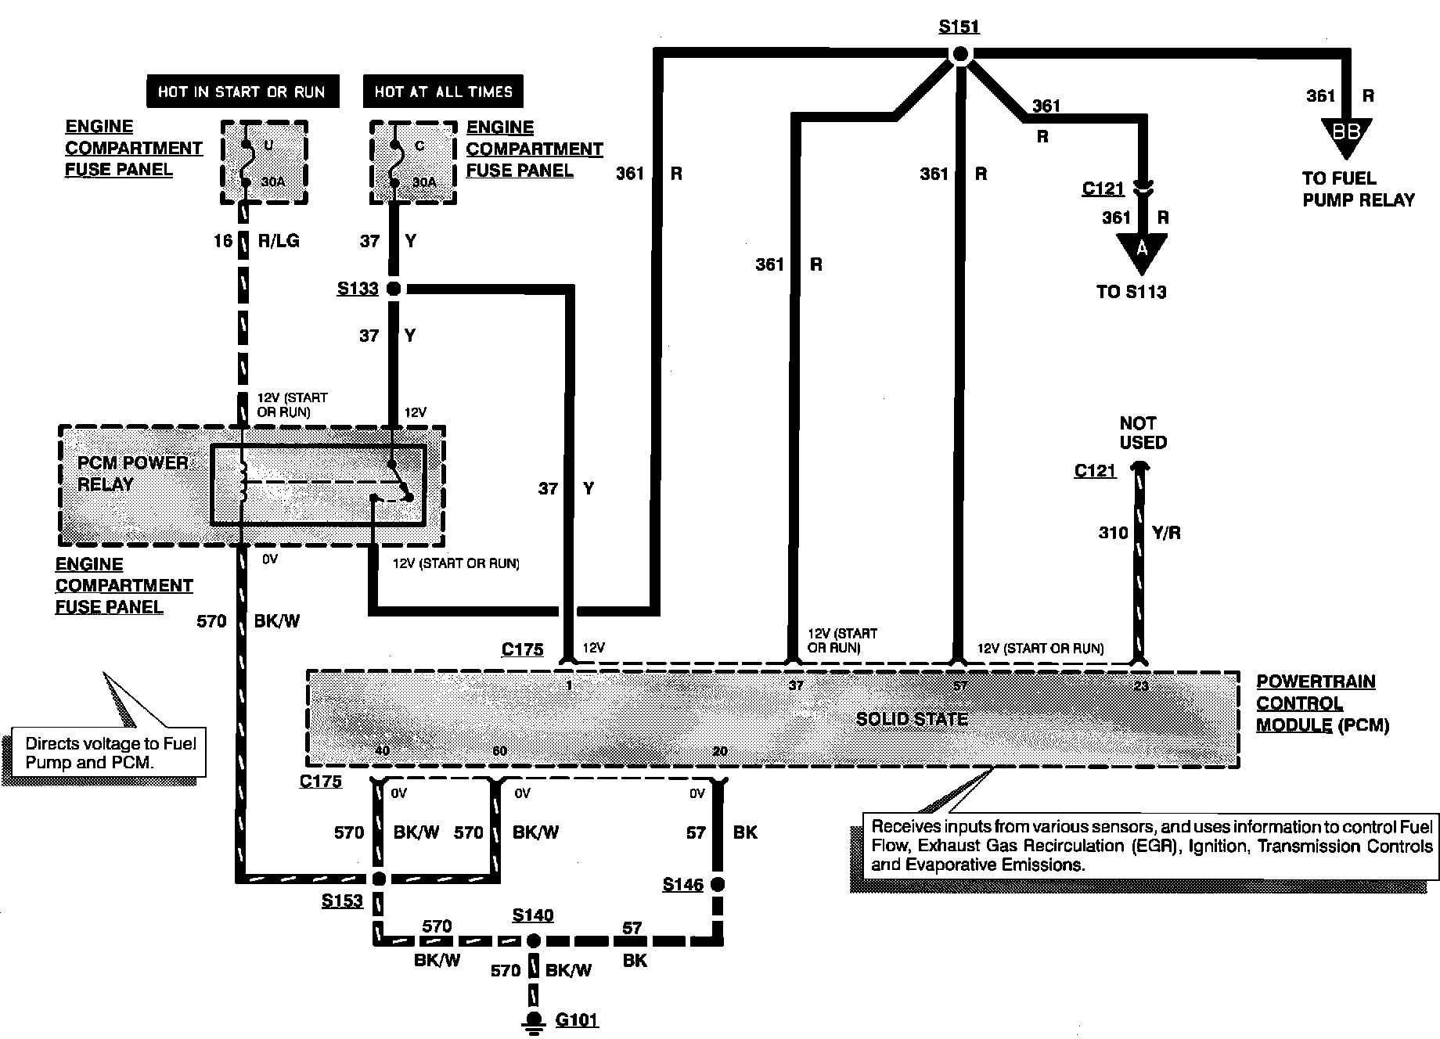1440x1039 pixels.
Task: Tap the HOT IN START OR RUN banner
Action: [x=242, y=92]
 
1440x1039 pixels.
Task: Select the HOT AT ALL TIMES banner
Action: [x=443, y=92]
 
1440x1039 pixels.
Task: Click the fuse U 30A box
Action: [x=264, y=163]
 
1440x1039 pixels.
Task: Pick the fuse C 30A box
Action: [x=413, y=163]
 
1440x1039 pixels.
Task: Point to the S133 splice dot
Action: [x=394, y=289]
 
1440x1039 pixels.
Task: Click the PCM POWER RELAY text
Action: [x=132, y=473]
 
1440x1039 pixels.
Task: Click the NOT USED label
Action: [x=1143, y=433]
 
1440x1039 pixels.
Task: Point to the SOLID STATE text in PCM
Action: [x=912, y=719]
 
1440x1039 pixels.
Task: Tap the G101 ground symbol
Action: [x=535, y=1019]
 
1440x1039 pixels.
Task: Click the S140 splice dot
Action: [x=533, y=940]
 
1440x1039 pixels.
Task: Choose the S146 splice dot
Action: [x=718, y=884]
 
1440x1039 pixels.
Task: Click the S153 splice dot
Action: [x=378, y=879]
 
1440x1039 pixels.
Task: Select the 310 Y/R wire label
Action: [x=1139, y=533]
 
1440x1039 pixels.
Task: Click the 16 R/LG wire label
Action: [x=256, y=240]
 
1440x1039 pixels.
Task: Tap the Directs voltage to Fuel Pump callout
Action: [x=110, y=753]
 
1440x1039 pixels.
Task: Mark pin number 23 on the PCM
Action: [x=1141, y=686]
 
